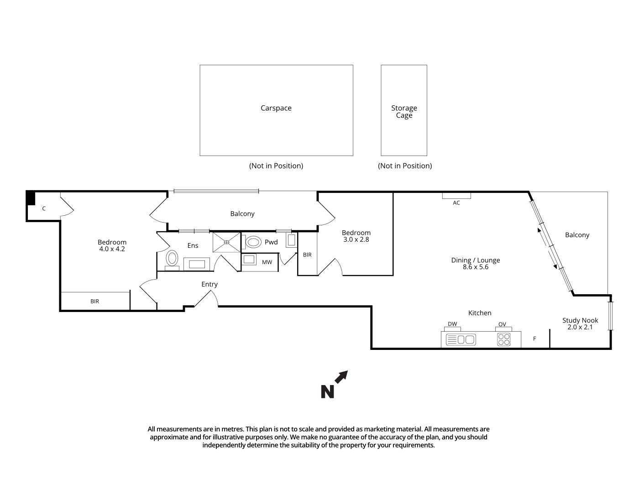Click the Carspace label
click(x=276, y=108)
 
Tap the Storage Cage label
click(x=404, y=112)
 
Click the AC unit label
click(x=456, y=203)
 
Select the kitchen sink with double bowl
click(x=461, y=339)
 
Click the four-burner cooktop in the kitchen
click(x=503, y=339)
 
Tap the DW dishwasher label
click(x=452, y=324)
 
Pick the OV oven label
click(x=502, y=324)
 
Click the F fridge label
click(x=534, y=339)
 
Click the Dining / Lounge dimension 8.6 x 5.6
click(x=475, y=267)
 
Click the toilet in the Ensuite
click(x=172, y=258)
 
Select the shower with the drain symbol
click(x=226, y=242)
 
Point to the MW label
click(x=267, y=262)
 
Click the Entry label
click(x=210, y=284)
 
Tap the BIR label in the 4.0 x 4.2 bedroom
click(x=94, y=301)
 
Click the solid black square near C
click(x=31, y=198)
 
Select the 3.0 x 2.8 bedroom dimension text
click(x=356, y=239)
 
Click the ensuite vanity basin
click(x=196, y=264)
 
